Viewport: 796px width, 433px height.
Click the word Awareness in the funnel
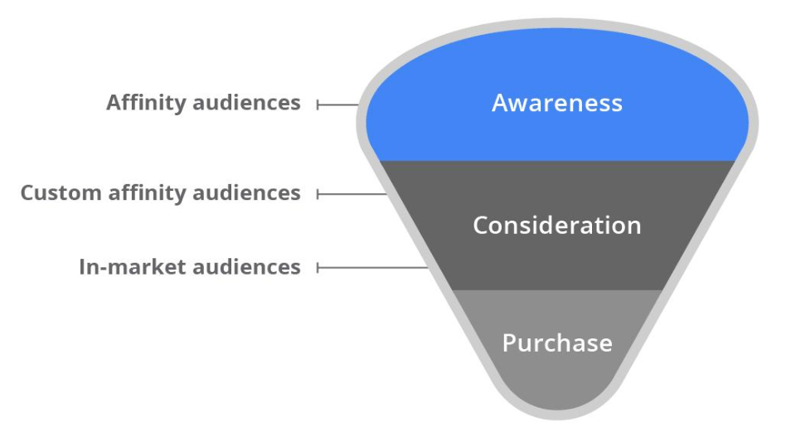point(556,103)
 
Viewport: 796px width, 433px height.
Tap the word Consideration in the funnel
point(556,226)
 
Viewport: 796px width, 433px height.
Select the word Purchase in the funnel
point(556,343)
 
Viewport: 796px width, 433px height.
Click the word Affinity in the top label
point(146,103)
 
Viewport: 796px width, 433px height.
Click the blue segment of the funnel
point(464,133)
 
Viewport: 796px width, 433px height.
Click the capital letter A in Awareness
point(498,103)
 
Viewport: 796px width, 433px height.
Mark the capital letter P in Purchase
point(508,343)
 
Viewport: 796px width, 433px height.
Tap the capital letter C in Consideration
point(480,226)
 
